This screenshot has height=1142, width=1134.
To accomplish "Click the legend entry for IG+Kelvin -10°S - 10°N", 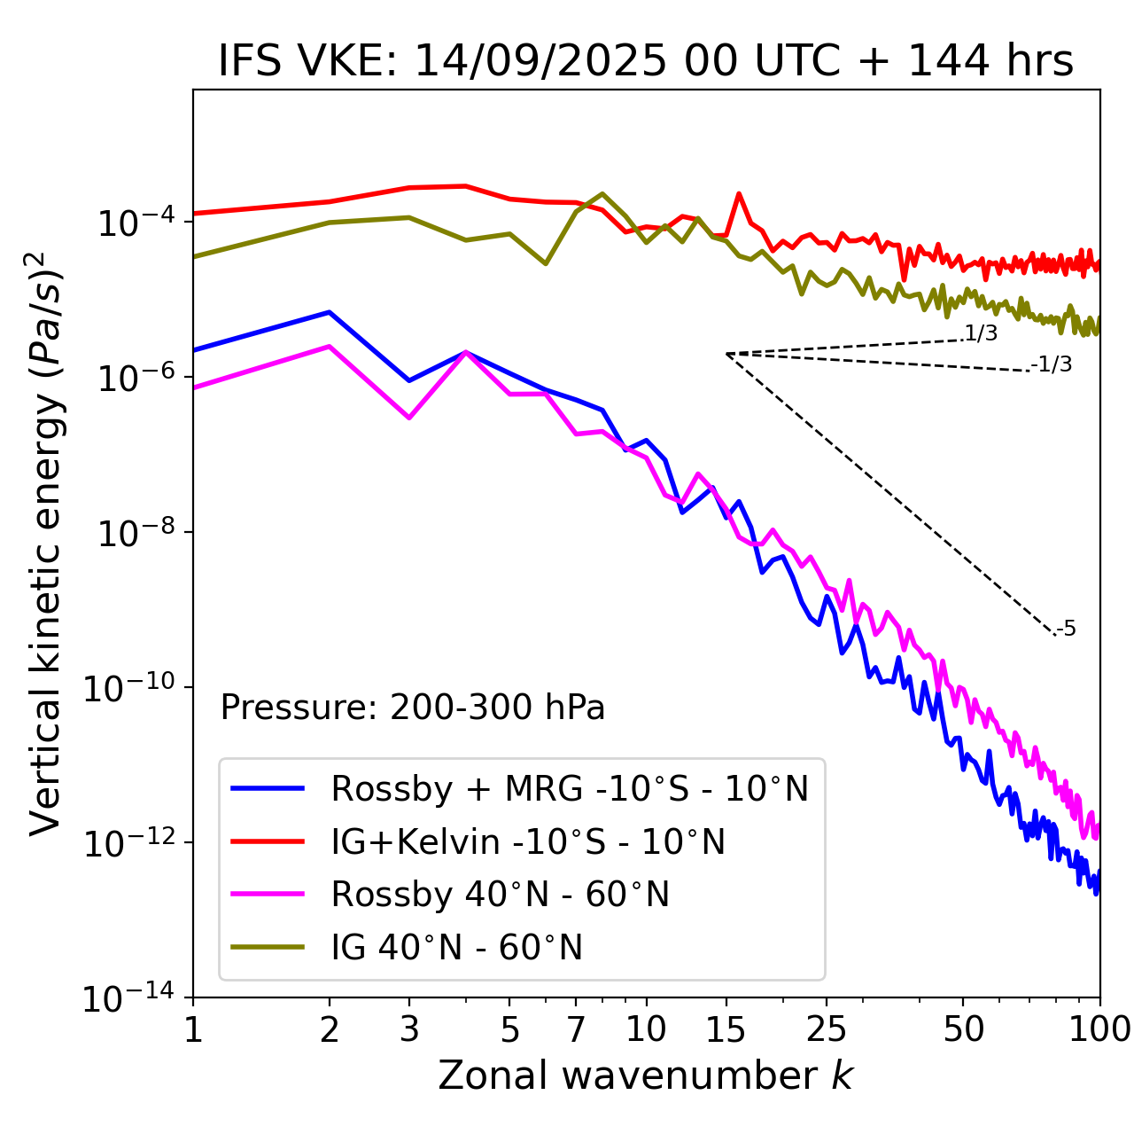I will (528, 841).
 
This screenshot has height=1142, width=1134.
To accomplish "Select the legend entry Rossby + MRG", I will (569, 788).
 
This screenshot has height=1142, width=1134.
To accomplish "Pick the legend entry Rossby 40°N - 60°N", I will (500, 895).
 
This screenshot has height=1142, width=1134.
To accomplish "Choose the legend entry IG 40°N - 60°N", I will (456, 948).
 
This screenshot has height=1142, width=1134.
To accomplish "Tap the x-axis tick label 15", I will (726, 1029).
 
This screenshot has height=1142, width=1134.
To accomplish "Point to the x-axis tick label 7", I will (576, 1029).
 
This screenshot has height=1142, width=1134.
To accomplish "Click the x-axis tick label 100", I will (1099, 1029).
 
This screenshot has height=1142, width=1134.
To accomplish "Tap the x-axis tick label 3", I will (409, 1029).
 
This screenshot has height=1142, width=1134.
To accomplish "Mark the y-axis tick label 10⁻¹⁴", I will (129, 999).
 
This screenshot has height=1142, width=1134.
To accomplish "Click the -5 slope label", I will (1067, 630).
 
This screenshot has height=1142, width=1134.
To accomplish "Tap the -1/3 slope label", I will (1052, 364).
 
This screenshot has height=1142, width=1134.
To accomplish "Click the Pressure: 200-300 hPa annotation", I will (413, 708).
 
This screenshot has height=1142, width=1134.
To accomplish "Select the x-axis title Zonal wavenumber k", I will (646, 1076).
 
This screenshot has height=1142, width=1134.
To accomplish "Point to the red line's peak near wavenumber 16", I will (738, 193).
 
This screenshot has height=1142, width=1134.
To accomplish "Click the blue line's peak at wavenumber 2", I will (330, 312).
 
